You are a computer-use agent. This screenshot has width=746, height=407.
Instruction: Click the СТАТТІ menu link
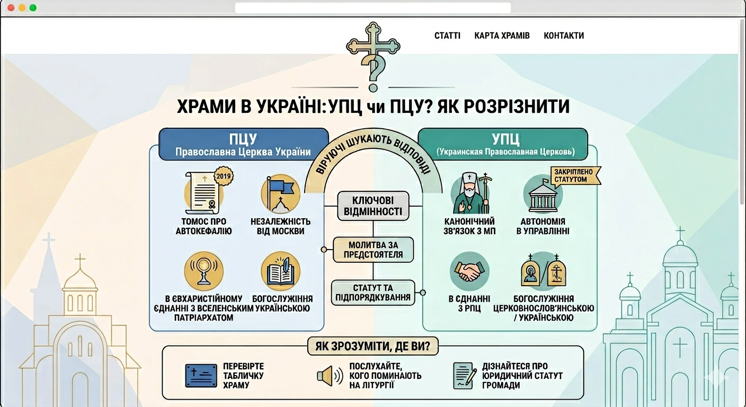pyautogui.click(x=447, y=36)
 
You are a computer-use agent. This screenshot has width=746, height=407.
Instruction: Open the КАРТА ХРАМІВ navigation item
pyautogui.click(x=502, y=36)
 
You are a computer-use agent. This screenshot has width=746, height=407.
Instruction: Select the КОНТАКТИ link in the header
pyautogui.click(x=564, y=36)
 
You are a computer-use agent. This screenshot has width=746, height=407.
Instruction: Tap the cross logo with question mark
pyautogui.click(x=373, y=56)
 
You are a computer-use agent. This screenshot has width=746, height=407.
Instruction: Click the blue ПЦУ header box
pyautogui.click(x=243, y=144)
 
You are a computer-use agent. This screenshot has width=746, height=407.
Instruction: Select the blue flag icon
pyautogui.click(x=280, y=193)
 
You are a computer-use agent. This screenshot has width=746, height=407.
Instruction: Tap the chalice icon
pyautogui.click(x=203, y=271)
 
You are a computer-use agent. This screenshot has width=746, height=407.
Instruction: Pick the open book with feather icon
pyautogui.click(x=280, y=271)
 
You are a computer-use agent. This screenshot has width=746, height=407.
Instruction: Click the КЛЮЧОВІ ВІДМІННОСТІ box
pyautogui.click(x=374, y=206)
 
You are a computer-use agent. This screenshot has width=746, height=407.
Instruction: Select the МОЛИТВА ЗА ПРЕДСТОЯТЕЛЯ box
pyautogui.click(x=373, y=249)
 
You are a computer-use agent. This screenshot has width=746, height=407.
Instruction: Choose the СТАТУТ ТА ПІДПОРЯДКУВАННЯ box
pyautogui.click(x=373, y=292)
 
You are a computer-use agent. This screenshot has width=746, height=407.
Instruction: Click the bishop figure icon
pyautogui.click(x=469, y=193)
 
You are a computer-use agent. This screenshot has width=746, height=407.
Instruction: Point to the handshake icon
pyautogui.click(x=469, y=271)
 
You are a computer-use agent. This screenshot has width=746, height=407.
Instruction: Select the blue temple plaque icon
pyautogui.click(x=201, y=376)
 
